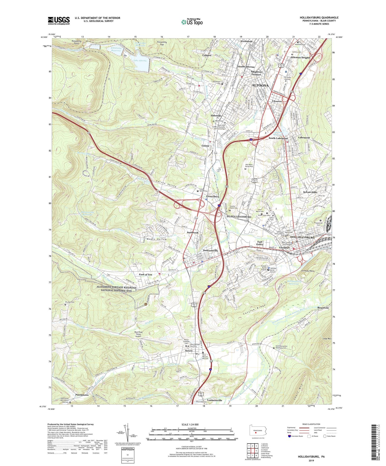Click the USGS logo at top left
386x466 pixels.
tap(59, 20)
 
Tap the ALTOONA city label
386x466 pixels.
tap(260, 85)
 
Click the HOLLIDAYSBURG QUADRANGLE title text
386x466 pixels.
tap(319, 18)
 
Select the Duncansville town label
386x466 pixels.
tap(210, 251)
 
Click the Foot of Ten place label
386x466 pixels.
tap(145, 274)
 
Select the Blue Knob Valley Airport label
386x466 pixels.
tap(138, 334)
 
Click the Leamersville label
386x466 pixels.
tap(215, 400)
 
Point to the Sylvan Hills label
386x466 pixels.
tap(310, 192)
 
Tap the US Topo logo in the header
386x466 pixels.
tap(192, 22)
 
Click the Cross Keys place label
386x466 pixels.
tap(213, 196)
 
